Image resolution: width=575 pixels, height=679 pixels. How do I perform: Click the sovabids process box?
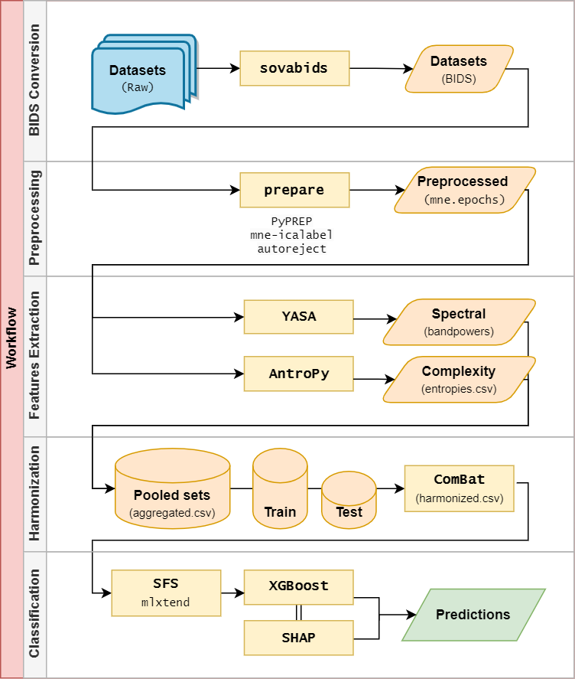(294, 68)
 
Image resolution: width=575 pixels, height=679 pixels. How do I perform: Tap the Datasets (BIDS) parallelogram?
(459, 69)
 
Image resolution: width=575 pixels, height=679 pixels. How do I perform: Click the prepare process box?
(294, 190)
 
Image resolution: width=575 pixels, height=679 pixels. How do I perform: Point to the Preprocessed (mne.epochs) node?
(463, 190)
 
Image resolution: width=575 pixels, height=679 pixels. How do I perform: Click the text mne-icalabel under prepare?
(291, 235)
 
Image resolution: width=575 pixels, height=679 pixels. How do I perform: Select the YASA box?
(298, 316)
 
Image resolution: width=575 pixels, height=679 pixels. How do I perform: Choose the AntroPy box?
(298, 374)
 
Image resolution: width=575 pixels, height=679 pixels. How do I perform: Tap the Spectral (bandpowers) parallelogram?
(458, 322)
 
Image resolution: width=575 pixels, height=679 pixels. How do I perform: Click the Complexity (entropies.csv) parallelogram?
(458, 379)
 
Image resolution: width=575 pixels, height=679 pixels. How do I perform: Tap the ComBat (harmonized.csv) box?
(460, 488)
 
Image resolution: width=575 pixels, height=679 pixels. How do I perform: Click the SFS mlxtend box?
(166, 592)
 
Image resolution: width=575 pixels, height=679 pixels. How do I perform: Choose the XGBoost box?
(298, 586)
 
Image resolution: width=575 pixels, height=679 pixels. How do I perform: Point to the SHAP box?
(298, 637)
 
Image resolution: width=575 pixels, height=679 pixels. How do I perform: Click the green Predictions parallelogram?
(473, 615)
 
